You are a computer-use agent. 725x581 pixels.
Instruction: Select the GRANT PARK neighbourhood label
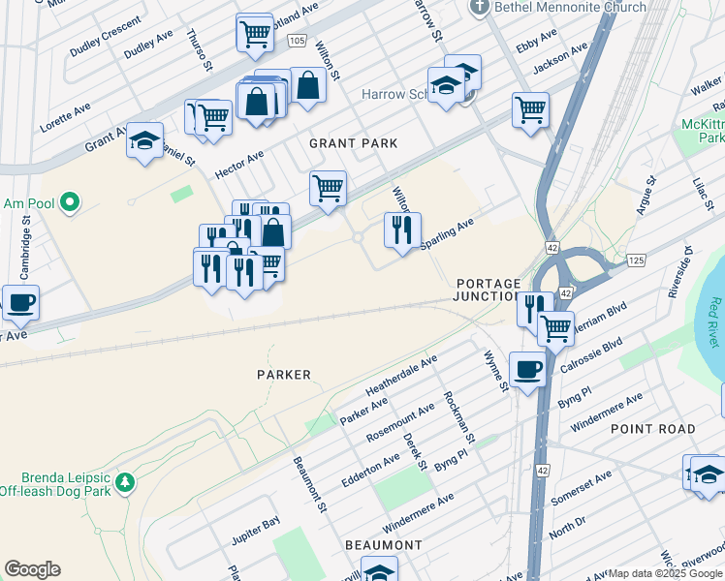coord(354,143)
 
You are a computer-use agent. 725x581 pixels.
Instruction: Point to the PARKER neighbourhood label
coord(284,375)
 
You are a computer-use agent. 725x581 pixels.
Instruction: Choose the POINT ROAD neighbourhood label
coord(652,428)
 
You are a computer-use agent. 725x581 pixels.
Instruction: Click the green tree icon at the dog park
coord(124,481)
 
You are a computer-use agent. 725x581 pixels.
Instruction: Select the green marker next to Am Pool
coord(69,202)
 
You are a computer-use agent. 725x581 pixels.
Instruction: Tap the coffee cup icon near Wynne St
coord(527,370)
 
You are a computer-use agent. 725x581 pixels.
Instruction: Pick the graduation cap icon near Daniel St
coord(144,141)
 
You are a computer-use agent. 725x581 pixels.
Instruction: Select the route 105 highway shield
coord(297,41)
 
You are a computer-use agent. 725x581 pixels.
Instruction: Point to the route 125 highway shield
coord(636,260)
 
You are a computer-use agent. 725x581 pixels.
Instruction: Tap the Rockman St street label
coord(457,417)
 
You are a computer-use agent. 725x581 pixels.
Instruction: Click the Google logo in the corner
coord(32,569)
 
